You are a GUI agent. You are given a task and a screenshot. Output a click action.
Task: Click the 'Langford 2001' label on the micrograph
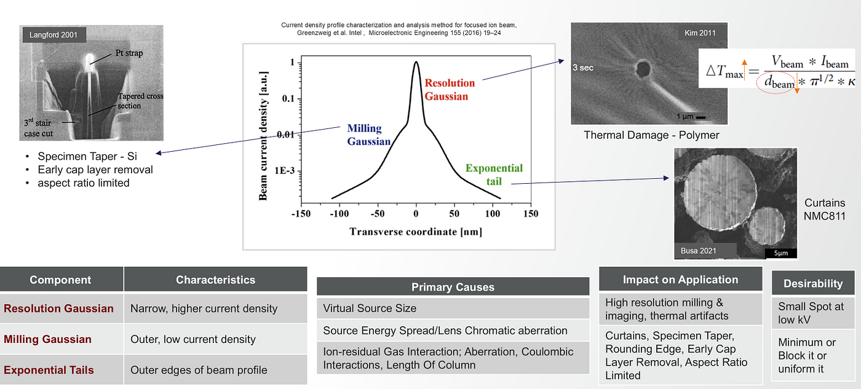pos(54,35)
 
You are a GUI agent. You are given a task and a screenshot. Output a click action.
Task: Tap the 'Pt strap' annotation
pos(129,53)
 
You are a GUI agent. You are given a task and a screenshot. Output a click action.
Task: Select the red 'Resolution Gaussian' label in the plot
pos(450,90)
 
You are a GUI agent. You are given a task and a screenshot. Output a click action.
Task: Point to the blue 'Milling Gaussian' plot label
pos(368,135)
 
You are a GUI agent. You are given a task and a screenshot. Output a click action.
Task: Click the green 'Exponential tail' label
pos(494,175)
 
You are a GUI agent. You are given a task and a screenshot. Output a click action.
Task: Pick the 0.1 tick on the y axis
pos(288,99)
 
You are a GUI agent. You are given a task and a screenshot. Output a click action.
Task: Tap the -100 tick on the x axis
pos(339,214)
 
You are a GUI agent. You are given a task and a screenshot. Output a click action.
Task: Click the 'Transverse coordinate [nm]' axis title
pos(416,232)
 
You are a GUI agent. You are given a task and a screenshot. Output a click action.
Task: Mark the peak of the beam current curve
pos(416,61)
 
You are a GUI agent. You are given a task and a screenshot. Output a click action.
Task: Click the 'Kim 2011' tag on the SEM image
pos(700,33)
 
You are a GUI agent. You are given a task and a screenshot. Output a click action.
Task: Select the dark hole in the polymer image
pos(643,69)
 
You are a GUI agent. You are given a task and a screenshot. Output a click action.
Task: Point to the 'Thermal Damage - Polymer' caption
pos(651,135)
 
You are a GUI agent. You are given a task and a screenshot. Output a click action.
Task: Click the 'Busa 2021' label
pos(699,251)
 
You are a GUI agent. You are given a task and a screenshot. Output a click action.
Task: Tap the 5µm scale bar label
pos(780,253)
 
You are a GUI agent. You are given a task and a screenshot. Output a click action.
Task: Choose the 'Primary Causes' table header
pos(453,287)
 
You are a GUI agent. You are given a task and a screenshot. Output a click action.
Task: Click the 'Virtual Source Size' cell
pos(370,308)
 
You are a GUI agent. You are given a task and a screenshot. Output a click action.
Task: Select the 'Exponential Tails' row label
pos(49,370)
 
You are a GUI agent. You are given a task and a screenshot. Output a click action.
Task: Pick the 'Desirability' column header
pos(813,283)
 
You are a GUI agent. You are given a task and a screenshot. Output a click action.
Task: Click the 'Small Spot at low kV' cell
pos(811,313)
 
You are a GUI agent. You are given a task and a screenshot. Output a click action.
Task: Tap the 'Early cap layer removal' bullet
pos(95,170)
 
